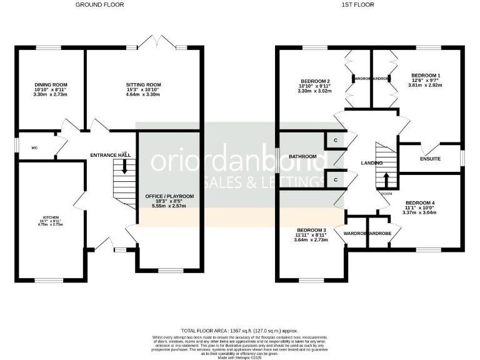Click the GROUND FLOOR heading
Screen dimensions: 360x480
(99, 4)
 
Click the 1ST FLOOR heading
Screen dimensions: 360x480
(366, 4)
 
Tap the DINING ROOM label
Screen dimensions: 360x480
(51, 84)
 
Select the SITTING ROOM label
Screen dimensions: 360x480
(144, 84)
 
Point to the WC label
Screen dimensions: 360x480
(35, 149)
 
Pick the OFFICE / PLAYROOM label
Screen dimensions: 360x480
(169, 196)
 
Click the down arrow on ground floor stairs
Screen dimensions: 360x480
(124, 166)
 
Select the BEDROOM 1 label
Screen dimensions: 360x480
(426, 76)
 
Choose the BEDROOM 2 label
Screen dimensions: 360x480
(315, 82)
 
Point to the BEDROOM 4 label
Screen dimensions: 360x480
(420, 202)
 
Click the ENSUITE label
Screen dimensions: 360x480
(430, 159)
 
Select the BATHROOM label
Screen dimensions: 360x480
(303, 156)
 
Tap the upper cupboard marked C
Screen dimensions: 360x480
(336, 141)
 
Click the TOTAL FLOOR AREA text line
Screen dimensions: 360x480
(239, 330)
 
